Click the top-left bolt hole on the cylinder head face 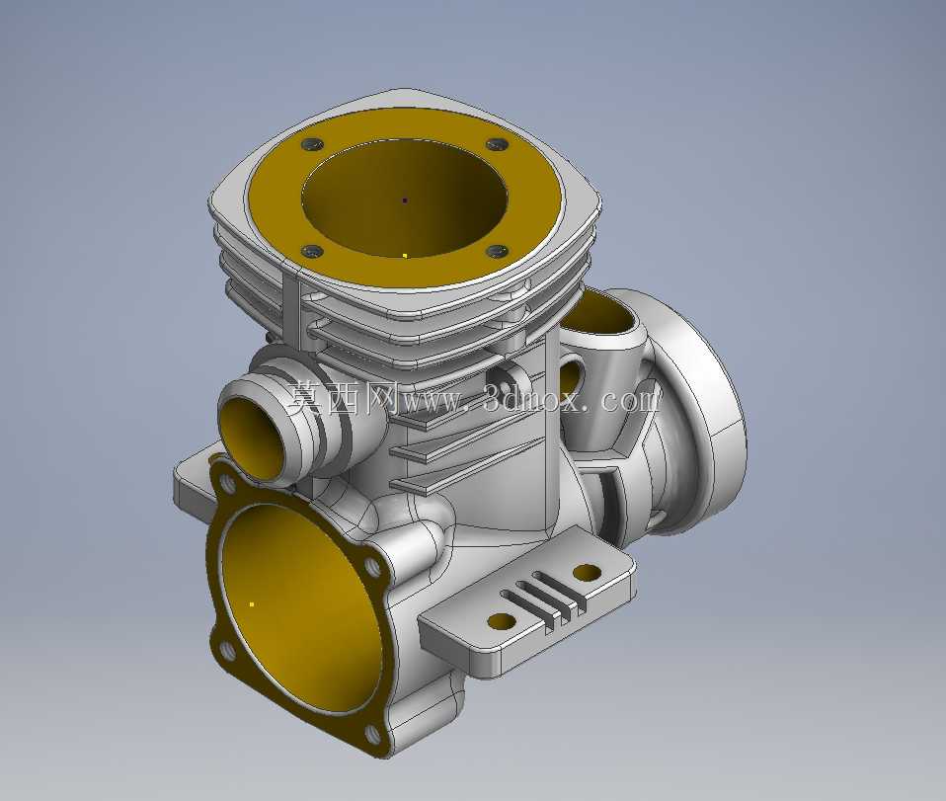pyautogui.click(x=312, y=144)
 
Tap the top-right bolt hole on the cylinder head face pyautogui.click(x=496, y=144)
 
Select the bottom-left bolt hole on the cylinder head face pyautogui.click(x=312, y=251)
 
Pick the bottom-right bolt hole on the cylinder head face pyautogui.click(x=496, y=251)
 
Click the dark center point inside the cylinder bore pyautogui.click(x=405, y=200)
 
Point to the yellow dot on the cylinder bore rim pyautogui.click(x=405, y=256)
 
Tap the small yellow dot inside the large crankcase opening pyautogui.click(x=252, y=603)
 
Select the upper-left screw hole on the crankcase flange pyautogui.click(x=227, y=483)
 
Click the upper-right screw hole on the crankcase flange pyautogui.click(x=371, y=566)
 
